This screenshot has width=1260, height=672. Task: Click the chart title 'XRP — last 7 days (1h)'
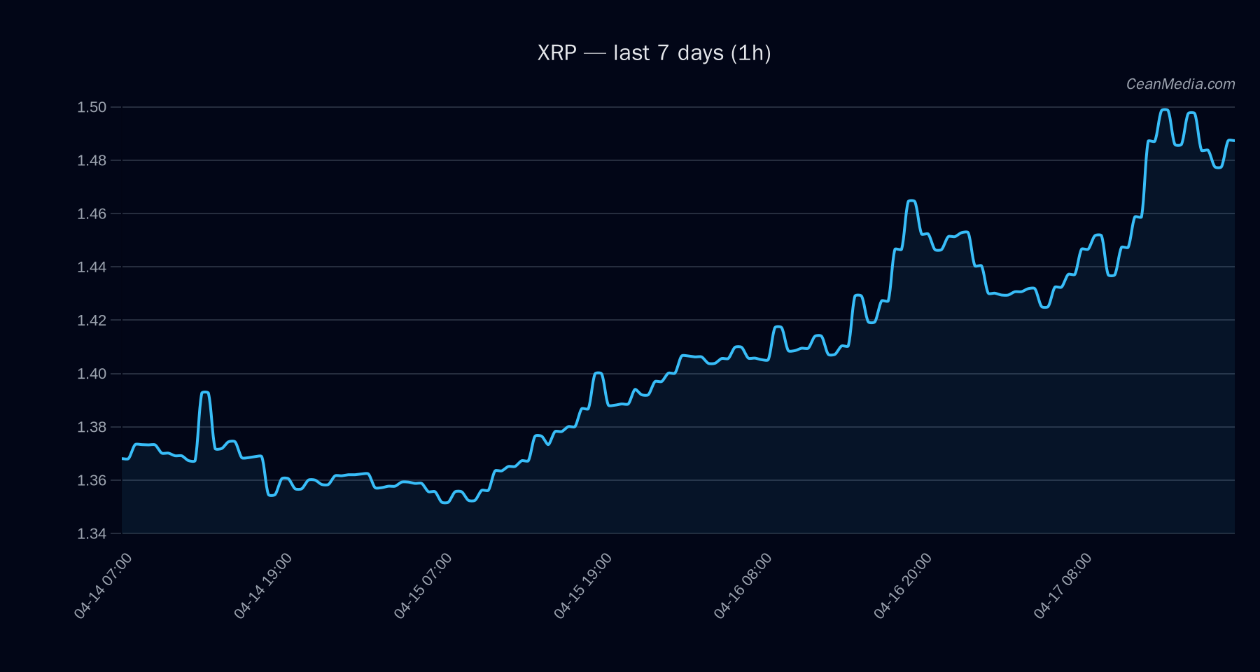point(654,53)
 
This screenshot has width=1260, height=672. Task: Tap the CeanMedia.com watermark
point(1180,84)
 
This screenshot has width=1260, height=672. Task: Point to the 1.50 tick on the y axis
point(92,107)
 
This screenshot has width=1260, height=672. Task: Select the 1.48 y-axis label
point(92,160)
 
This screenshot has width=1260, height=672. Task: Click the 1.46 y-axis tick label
point(92,213)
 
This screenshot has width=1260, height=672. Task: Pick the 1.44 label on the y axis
point(92,267)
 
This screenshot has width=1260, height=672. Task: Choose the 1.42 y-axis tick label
point(92,320)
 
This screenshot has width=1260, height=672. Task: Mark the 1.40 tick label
point(92,374)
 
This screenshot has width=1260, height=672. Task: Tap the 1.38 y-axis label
point(92,427)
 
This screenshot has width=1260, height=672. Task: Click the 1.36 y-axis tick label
point(92,480)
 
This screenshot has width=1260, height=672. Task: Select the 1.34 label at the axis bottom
point(92,533)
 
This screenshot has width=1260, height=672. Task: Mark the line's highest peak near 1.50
point(1165,110)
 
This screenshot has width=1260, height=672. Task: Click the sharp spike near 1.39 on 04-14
point(205,393)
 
